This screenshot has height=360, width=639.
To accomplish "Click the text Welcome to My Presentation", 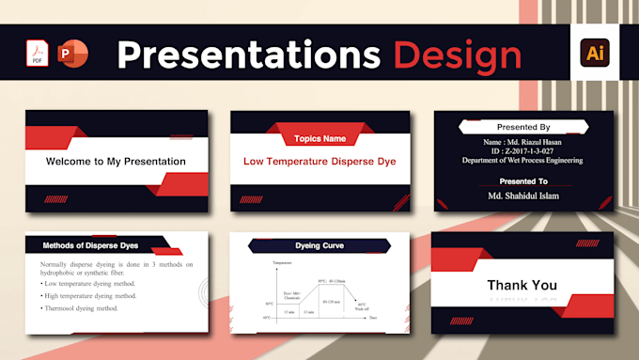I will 116,162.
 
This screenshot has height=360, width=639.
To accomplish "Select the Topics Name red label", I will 319,139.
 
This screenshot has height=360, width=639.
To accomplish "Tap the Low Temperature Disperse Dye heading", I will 319,162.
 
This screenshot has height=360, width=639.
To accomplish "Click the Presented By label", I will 523,127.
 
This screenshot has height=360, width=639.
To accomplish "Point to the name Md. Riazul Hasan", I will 523,140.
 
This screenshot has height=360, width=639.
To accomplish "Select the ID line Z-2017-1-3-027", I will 523,150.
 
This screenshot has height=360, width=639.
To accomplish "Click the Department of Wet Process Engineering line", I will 523,161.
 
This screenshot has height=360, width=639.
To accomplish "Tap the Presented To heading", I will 523,180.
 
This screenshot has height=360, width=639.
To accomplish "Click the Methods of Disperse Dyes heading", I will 90,246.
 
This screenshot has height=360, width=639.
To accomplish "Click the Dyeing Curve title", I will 319,246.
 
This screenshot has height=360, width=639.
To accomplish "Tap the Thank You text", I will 522,286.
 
